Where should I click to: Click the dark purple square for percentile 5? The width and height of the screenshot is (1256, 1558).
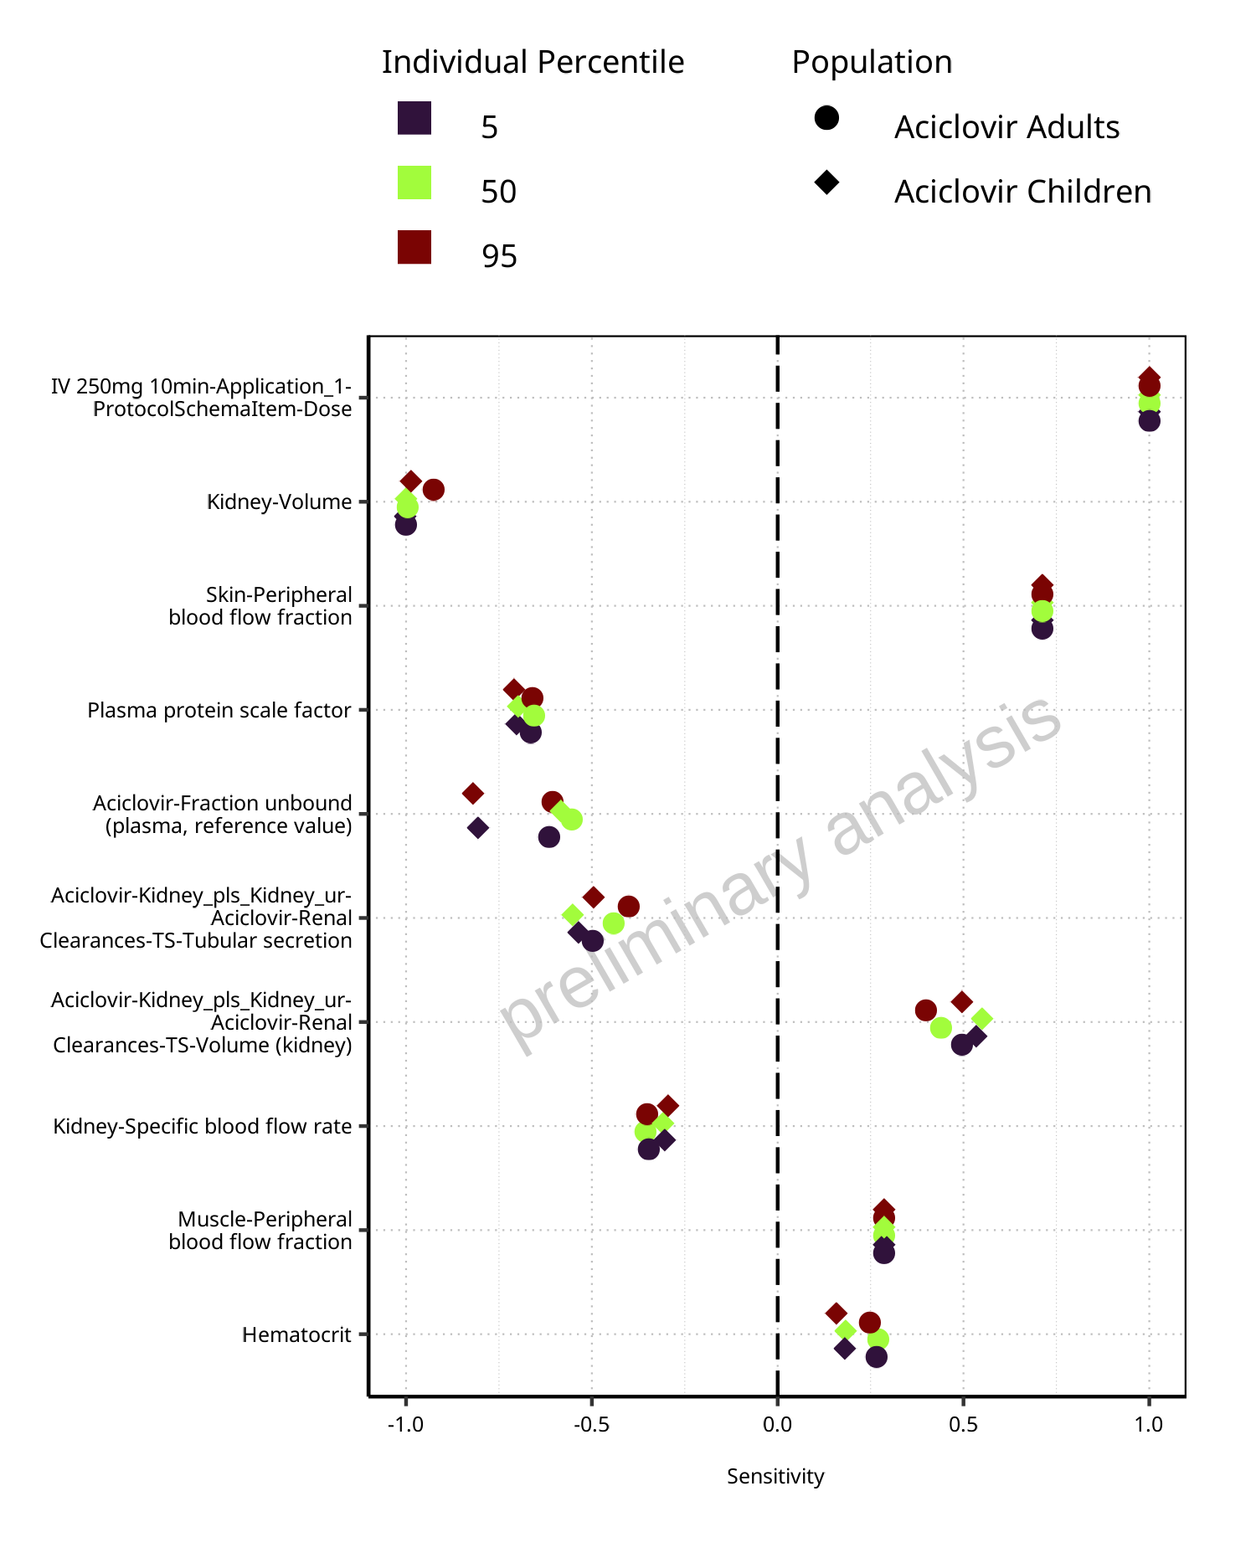pyautogui.click(x=414, y=118)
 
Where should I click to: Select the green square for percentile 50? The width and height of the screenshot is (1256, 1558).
pyautogui.click(x=414, y=183)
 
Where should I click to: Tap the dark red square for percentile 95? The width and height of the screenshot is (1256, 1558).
pyautogui.click(x=414, y=247)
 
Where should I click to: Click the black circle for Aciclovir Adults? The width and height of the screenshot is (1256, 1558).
pyautogui.click(x=826, y=118)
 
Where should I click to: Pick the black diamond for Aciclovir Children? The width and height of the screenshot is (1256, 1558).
pyautogui.click(x=826, y=183)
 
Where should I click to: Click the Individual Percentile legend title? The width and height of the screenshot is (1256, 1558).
pyautogui.click(x=533, y=63)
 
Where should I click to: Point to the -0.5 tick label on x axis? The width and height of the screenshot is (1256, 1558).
pyautogui.click(x=591, y=1424)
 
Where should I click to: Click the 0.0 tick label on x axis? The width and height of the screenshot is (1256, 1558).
pyautogui.click(x=777, y=1424)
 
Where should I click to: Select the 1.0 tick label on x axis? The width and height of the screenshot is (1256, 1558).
pyautogui.click(x=1149, y=1424)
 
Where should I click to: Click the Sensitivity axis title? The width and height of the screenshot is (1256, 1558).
pyautogui.click(x=775, y=1477)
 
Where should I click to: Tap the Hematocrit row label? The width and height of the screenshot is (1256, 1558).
pyautogui.click(x=297, y=1334)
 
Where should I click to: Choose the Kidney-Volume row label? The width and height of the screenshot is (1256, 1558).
pyautogui.click(x=280, y=502)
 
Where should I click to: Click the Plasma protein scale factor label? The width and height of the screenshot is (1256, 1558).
pyautogui.click(x=219, y=711)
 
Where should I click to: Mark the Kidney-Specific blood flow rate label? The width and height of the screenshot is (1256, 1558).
pyautogui.click(x=203, y=1127)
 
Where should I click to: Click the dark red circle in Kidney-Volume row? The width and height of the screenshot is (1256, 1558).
pyautogui.click(x=433, y=490)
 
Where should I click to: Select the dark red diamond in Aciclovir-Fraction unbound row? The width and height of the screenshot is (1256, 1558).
pyautogui.click(x=473, y=793)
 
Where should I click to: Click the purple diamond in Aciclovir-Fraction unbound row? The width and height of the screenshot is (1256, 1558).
pyautogui.click(x=478, y=828)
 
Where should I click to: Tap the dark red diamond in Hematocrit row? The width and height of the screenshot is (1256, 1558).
pyautogui.click(x=836, y=1313)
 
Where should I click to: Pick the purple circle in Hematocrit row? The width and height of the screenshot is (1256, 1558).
pyautogui.click(x=877, y=1357)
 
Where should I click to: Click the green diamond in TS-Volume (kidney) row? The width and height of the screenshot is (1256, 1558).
pyautogui.click(x=982, y=1019)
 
